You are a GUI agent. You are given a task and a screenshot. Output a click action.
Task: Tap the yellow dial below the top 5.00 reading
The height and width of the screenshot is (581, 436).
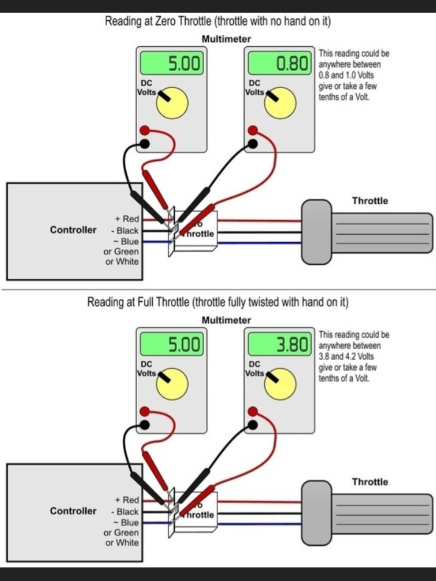[x=173, y=103]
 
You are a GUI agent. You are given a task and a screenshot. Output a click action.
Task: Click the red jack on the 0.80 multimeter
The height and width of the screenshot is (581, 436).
[x=253, y=130]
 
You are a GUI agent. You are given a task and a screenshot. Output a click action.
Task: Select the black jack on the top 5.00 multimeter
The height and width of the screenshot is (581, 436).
[x=145, y=144]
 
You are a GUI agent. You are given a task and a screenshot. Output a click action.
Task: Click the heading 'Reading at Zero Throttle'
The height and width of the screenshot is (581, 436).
[x=218, y=22]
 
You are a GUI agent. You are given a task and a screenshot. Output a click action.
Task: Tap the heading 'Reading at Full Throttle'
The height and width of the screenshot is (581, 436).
[x=218, y=302]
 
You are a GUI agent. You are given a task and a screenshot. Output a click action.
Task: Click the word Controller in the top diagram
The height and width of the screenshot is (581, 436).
[x=73, y=230]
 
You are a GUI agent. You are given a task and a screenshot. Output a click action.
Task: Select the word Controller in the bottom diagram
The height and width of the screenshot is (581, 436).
[x=73, y=511]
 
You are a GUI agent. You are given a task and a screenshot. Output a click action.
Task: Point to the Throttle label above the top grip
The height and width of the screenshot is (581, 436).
[x=370, y=201]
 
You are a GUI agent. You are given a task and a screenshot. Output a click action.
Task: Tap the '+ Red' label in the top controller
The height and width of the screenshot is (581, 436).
[x=127, y=218]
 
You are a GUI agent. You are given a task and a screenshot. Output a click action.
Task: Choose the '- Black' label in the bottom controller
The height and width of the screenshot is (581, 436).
[x=125, y=512]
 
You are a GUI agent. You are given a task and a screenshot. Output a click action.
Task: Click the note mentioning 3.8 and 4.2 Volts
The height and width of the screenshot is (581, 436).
[x=354, y=357]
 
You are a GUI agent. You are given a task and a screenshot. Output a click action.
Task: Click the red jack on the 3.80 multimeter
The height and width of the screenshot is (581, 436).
[x=253, y=412]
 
